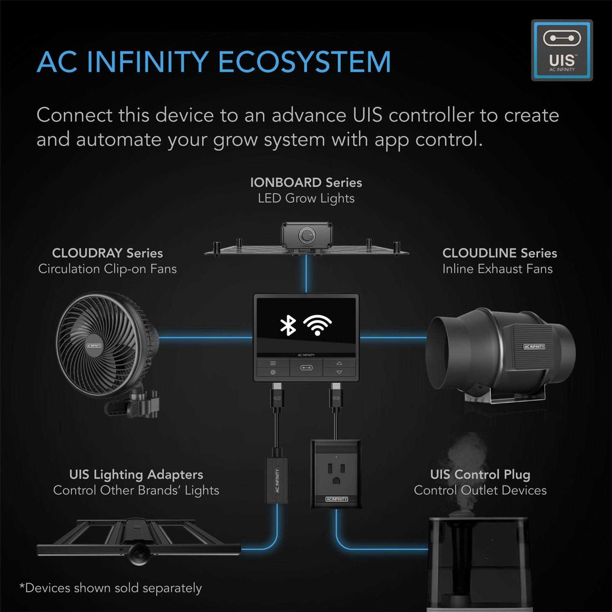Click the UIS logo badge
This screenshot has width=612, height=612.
pyautogui.click(x=562, y=50)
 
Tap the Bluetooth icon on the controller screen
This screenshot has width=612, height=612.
pyautogui.click(x=288, y=325)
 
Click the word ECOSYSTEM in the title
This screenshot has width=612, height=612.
pyautogui.click(x=304, y=62)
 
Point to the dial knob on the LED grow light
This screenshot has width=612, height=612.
pyautogui.click(x=306, y=236)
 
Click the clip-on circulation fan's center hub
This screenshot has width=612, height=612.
pyautogui.click(x=94, y=345)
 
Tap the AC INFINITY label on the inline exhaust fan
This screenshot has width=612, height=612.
pyautogui.click(x=534, y=346)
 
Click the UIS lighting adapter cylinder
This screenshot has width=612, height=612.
pyautogui.click(x=277, y=480)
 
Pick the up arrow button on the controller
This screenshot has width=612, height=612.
pyautogui.click(x=339, y=363)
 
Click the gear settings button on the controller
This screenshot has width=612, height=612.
pyautogui.click(x=273, y=372)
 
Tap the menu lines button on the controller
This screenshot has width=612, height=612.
pyautogui.click(x=273, y=363)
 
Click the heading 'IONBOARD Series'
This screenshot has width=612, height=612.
pyautogui.click(x=306, y=182)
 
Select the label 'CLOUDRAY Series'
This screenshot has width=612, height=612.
pyautogui.click(x=107, y=253)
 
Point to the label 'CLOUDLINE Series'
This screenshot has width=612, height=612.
pyautogui.click(x=499, y=253)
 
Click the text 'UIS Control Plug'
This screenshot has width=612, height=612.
pyautogui.click(x=480, y=475)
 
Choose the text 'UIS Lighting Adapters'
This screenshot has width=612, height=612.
pyautogui.click(x=136, y=475)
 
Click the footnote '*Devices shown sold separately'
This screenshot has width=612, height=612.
pyautogui.click(x=111, y=588)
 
